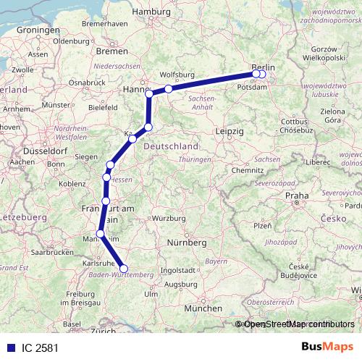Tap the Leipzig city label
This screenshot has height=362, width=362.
point(229,132)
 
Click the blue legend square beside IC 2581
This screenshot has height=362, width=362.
point(9,348)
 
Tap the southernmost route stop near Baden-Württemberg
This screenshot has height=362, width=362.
point(123,268)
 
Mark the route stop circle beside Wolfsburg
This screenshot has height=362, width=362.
point(168,89)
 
